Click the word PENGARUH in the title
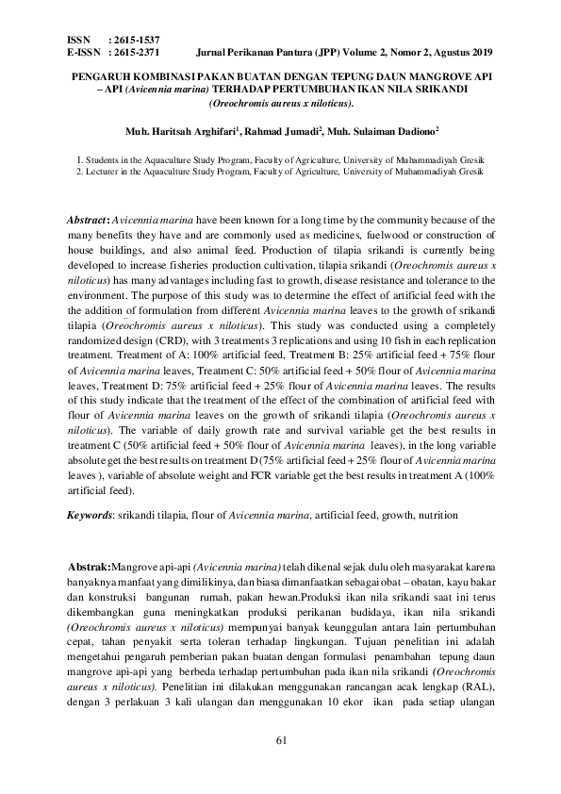pyautogui.click(x=104, y=74)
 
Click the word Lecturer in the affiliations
pyautogui.click(x=104, y=173)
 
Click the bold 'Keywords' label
pyautogui.click(x=89, y=516)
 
